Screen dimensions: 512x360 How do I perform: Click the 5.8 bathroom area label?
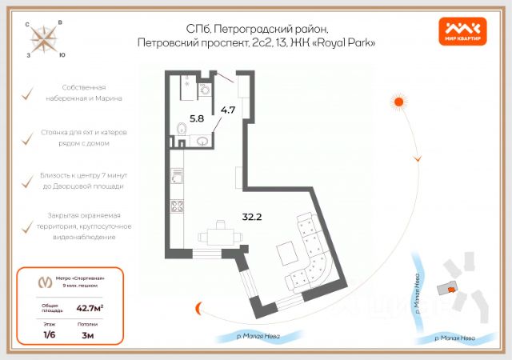click(196, 118)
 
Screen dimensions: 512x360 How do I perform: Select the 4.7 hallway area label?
click(227, 110)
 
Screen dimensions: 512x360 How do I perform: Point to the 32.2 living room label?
click(253, 215)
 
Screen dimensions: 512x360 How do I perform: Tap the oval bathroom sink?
click(204, 142)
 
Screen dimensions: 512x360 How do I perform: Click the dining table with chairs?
click(217, 237)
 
